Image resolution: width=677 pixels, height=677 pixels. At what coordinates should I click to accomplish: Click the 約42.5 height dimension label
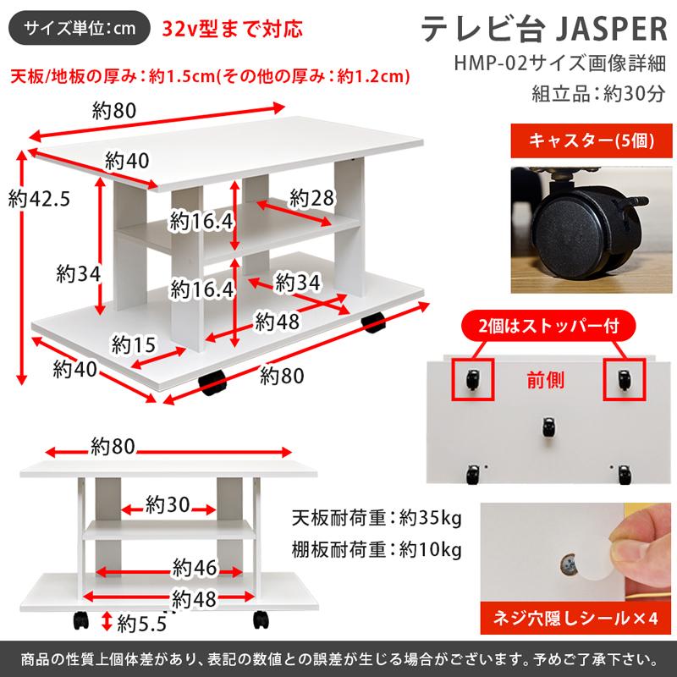coord(38,200)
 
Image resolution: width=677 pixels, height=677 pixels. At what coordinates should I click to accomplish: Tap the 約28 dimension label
coord(310,198)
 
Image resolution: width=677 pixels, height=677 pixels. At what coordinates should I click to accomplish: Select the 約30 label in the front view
coord(167,506)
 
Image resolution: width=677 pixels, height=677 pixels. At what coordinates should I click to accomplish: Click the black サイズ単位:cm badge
coord(80,28)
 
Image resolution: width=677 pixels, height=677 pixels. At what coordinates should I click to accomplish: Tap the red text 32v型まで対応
coord(231,29)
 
